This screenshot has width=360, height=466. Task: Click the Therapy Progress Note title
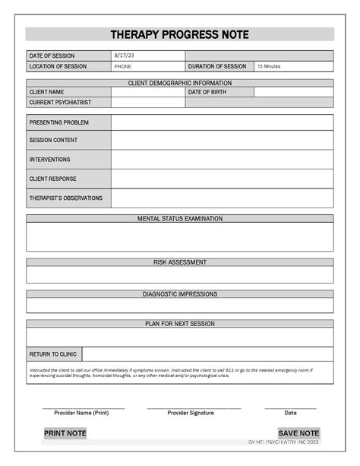coord(179,35)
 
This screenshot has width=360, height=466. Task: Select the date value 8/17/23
coord(122,56)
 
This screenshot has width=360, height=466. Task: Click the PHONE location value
coord(122,67)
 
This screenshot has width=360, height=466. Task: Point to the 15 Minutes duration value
coord(269,67)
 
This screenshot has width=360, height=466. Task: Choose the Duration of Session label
coord(217,66)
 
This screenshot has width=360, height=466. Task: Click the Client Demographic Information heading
coord(180,83)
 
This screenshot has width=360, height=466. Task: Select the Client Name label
coord(46,92)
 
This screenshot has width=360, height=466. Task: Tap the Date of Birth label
coord(208,92)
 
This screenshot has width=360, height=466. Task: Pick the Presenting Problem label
coord(59,122)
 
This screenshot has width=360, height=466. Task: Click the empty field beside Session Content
coord(222,141)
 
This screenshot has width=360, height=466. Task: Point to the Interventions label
coord(50,160)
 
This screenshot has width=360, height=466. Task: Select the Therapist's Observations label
coord(66,198)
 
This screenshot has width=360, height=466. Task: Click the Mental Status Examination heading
coord(180,219)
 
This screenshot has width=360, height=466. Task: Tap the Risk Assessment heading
coord(180,262)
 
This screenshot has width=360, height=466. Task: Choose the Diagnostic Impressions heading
coord(180,294)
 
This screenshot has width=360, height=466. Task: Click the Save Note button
coord(298,433)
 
